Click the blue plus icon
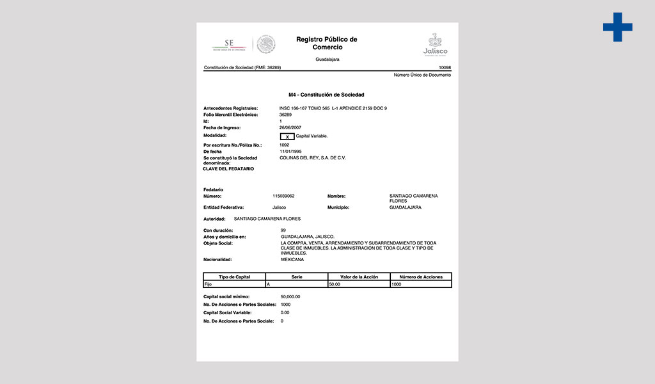pyautogui.click(x=617, y=27)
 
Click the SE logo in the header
pyautogui.click(x=228, y=45)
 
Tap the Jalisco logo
pyautogui.click(x=436, y=45)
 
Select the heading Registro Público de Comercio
pyautogui.click(x=327, y=44)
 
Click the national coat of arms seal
pyautogui.click(x=266, y=44)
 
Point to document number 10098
pyautogui.click(x=445, y=67)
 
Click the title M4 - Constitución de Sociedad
pyautogui.click(x=326, y=95)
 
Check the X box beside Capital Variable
pyautogui.click(x=287, y=136)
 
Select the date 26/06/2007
pyautogui.click(x=290, y=127)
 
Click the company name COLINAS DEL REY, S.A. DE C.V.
pyautogui.click(x=313, y=157)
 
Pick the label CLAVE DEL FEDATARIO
pyautogui.click(x=228, y=169)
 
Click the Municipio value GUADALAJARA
pyautogui.click(x=405, y=207)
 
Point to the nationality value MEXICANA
pyautogui.click(x=292, y=260)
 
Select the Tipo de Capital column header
pyautogui.click(x=234, y=276)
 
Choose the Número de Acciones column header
pyautogui.click(x=420, y=276)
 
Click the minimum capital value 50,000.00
pyautogui.click(x=290, y=297)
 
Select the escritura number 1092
pyautogui.click(x=285, y=145)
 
